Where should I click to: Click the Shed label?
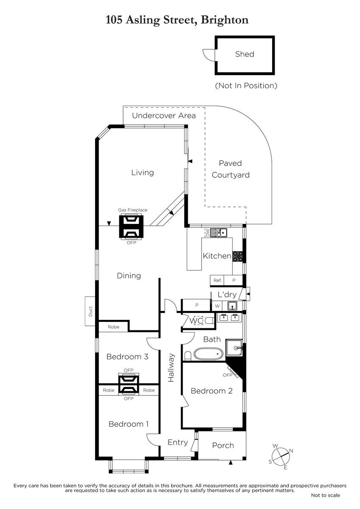(x=245, y=54)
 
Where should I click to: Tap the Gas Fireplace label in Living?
(x=133, y=210)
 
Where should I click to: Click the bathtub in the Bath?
(x=208, y=353)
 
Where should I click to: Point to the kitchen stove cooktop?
(x=238, y=256)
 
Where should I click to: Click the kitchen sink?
(x=221, y=232)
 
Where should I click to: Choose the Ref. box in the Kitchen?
(x=217, y=280)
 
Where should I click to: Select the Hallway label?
(x=171, y=368)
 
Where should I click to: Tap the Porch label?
(x=223, y=445)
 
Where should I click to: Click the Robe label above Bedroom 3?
(x=113, y=327)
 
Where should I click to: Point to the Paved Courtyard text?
(x=231, y=169)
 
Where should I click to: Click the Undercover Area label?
(x=164, y=116)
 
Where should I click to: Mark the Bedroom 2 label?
(x=211, y=391)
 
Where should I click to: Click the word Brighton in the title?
(x=225, y=20)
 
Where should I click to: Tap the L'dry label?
(x=227, y=295)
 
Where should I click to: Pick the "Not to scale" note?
(x=325, y=495)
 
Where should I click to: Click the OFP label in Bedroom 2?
(x=228, y=375)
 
